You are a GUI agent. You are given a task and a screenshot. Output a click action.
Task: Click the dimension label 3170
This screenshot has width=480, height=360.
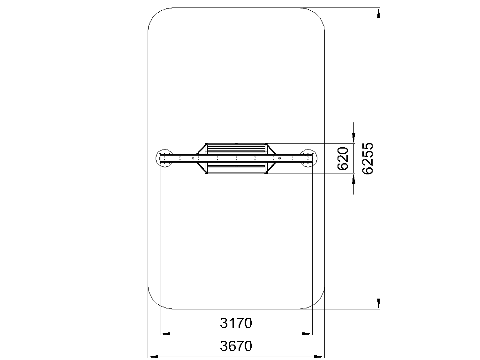tap(236, 323)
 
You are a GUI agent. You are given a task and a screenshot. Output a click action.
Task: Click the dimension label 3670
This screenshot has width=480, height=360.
tap(236, 346)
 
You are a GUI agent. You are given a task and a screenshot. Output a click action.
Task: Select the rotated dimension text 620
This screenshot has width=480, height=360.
tap(343, 158)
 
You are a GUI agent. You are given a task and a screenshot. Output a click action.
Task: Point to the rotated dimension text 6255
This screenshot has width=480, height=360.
tap(367, 158)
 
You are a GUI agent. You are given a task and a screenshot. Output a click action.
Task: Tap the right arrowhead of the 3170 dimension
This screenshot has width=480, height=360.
tap(307, 334)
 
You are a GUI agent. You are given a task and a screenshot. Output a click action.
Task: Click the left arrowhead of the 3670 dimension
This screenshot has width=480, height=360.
tap(153, 357)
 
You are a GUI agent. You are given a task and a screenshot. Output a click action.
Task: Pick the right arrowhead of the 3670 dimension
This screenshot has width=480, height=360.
tap(319, 357)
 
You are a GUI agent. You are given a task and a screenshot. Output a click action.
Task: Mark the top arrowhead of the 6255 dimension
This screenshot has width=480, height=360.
tap(379, 14)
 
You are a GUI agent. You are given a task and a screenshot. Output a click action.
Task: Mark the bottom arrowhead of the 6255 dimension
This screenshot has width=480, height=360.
tap(379, 303)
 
